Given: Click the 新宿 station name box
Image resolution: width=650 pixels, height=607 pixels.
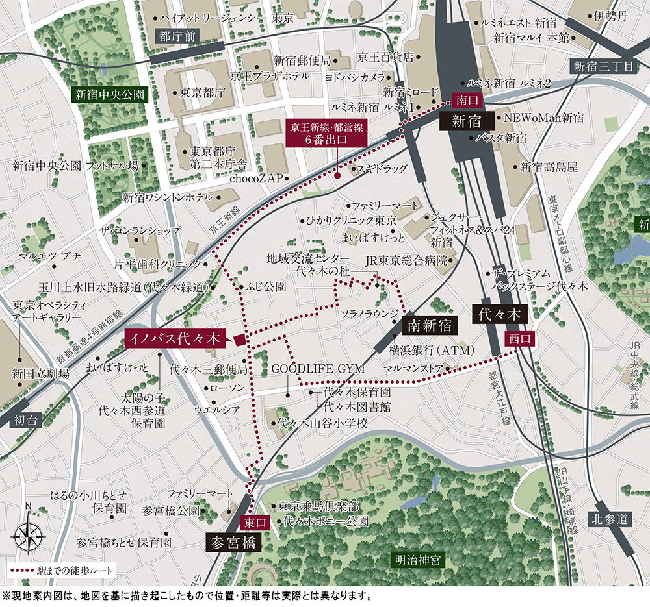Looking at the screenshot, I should (x=465, y=121).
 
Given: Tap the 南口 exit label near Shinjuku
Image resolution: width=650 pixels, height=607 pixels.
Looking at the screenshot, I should (x=467, y=101).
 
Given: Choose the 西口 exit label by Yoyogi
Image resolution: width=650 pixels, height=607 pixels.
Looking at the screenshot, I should (x=520, y=338).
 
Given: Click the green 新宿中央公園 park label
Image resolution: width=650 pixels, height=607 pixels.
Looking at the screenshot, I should (x=109, y=94).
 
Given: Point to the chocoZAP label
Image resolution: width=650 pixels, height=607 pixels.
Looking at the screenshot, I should (x=259, y=177).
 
